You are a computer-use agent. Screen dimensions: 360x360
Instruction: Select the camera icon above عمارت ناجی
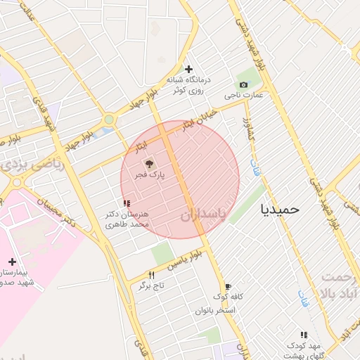click(x=243, y=84)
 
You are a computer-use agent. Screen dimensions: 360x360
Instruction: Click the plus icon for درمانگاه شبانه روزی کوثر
click(x=188, y=68)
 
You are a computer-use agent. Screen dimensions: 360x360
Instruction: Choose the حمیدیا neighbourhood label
click(x=280, y=209)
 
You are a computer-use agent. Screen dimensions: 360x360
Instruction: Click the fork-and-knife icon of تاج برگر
click(x=151, y=274)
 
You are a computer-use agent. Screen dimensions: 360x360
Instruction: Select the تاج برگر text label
click(x=150, y=286)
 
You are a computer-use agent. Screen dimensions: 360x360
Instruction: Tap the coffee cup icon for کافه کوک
click(x=228, y=286)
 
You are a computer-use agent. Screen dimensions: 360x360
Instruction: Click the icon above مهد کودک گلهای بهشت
click(x=304, y=335)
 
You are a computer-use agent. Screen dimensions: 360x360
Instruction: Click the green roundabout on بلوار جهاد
click(x=108, y=120)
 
